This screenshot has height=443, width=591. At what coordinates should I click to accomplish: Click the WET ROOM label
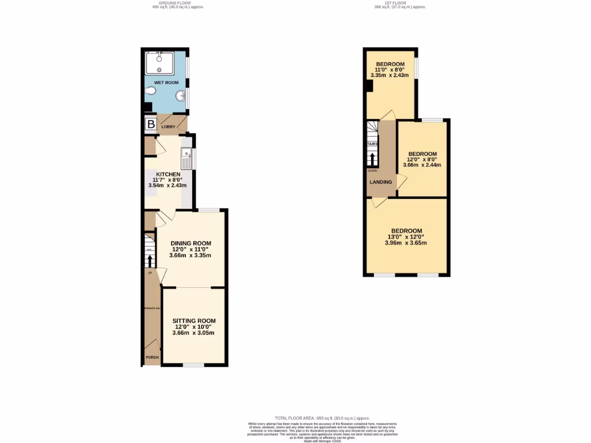[166, 82]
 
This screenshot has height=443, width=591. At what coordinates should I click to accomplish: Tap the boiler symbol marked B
[151, 124]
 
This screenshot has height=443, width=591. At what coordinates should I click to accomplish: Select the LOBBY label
[168, 126]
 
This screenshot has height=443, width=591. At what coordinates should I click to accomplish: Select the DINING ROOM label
[190, 243]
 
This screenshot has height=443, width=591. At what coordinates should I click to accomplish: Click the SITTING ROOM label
[194, 321]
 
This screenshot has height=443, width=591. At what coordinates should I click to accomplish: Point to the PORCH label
[152, 357]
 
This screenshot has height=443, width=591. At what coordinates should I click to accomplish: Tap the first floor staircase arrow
[373, 159]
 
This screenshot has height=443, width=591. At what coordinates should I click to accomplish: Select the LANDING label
[381, 182]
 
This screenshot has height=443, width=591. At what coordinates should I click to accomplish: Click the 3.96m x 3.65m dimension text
[406, 243]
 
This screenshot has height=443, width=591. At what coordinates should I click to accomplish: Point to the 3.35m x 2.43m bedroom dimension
[390, 75]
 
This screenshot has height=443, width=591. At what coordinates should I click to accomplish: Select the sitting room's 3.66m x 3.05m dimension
[194, 333]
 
